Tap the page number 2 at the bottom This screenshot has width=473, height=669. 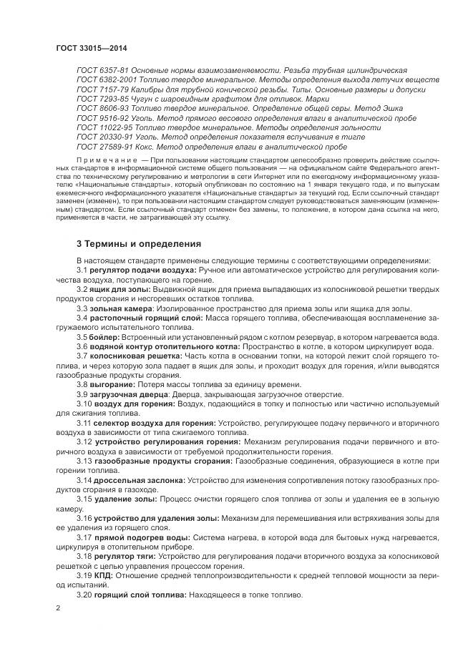pos(58,608)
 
